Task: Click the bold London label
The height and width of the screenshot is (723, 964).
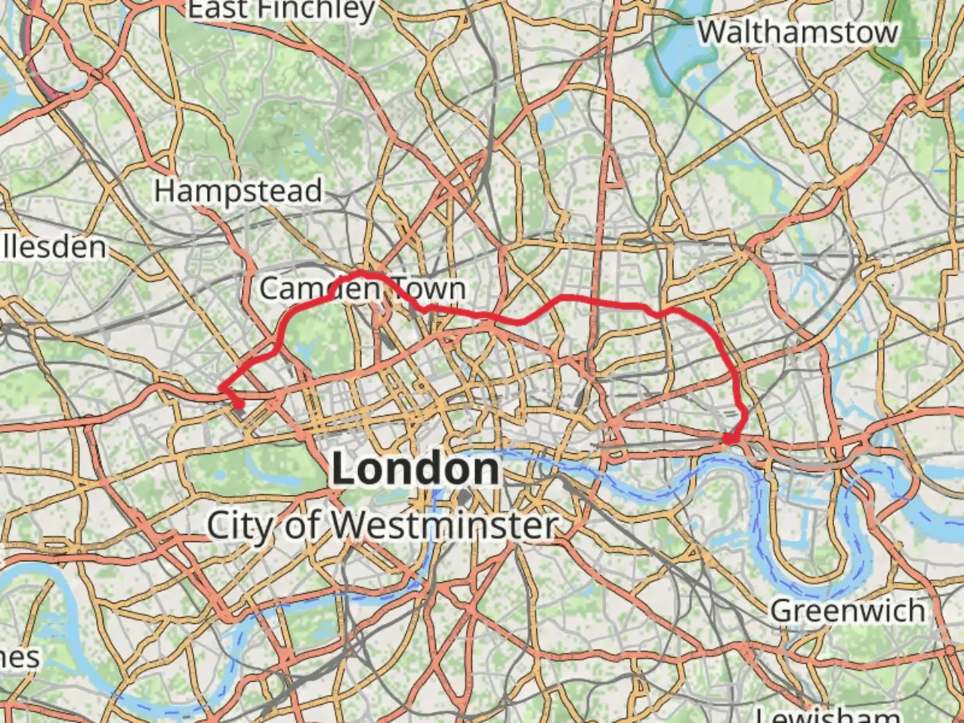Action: (x=416, y=469)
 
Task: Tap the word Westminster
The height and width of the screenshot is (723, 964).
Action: (x=445, y=526)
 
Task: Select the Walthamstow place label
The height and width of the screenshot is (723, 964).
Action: (x=797, y=32)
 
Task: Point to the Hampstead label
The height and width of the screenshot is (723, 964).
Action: (x=238, y=191)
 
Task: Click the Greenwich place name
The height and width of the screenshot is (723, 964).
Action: (x=848, y=611)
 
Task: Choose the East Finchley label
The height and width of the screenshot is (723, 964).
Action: (x=280, y=9)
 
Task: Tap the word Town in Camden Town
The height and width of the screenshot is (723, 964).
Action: (x=429, y=289)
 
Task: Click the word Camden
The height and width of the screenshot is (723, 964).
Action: (x=320, y=289)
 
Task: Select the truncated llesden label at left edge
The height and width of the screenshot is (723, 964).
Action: (x=54, y=247)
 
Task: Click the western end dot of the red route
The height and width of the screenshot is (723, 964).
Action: (x=238, y=404)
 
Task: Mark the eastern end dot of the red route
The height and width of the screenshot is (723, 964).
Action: (x=728, y=440)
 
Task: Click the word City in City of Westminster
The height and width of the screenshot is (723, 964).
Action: (x=239, y=526)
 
